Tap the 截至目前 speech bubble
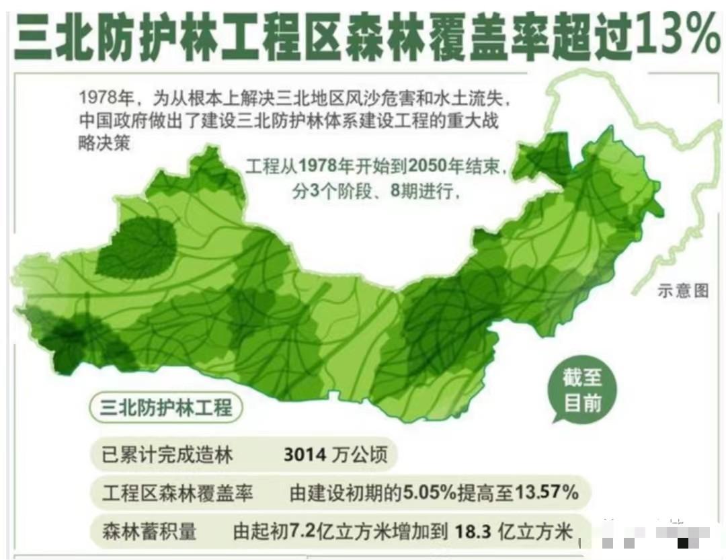pos(582,391)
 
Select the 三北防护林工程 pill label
pos(166,407)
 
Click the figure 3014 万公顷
pos(335,455)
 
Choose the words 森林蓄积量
pos(149,531)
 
